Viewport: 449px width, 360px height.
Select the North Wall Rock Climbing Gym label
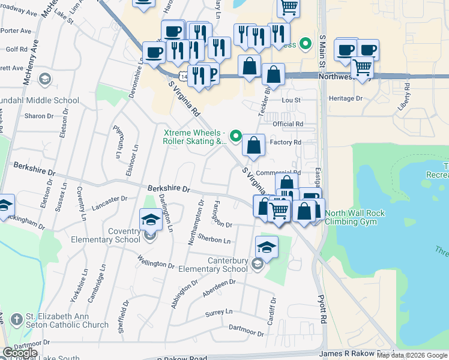click(355, 217)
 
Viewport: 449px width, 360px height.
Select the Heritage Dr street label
click(346, 98)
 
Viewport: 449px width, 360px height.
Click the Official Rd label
click(288, 124)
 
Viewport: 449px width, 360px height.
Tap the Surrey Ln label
click(218, 312)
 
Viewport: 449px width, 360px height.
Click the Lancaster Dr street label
click(109, 202)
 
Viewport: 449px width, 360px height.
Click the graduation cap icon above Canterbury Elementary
click(267, 246)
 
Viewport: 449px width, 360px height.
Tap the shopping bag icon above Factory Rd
click(254, 145)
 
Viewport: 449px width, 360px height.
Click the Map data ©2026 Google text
click(412, 355)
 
